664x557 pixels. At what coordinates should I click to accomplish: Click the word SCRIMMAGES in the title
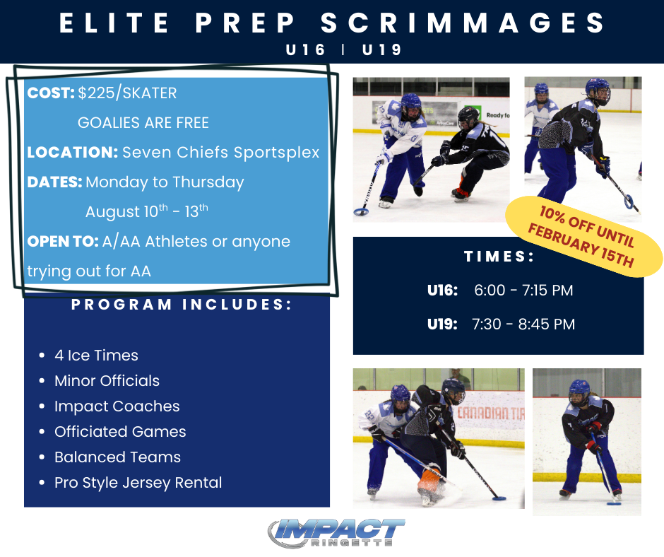(464, 23)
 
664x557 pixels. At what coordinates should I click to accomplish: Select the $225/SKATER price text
(128, 93)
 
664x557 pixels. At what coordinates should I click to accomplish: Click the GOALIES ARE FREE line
(143, 123)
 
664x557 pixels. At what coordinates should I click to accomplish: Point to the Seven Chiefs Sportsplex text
(220, 153)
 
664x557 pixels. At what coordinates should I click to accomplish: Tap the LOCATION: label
(72, 153)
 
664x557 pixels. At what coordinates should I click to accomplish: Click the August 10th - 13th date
(147, 211)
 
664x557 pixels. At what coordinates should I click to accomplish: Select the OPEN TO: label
(62, 242)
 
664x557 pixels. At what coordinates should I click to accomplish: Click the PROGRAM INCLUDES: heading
(182, 305)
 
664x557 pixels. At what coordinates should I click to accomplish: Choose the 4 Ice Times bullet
(96, 356)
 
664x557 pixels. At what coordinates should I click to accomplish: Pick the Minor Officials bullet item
(107, 381)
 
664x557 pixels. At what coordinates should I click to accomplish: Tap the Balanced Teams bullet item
(117, 457)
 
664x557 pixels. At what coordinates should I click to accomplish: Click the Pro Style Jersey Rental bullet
(138, 483)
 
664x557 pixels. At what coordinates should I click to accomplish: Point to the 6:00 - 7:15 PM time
(523, 291)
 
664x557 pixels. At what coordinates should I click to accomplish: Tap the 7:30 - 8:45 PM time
(523, 324)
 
